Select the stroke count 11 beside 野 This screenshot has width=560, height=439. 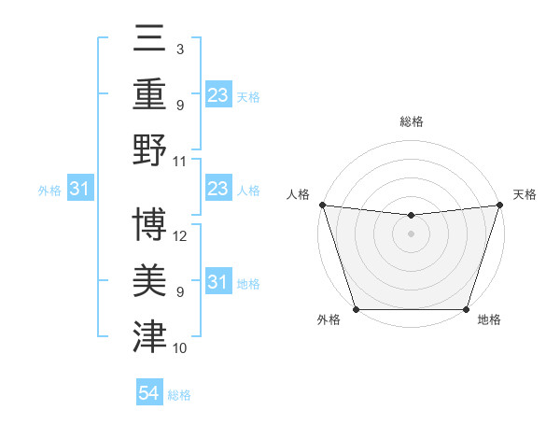pos(180,161)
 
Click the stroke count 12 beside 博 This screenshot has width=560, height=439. pos(180,236)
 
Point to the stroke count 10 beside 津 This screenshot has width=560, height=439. pos(180,348)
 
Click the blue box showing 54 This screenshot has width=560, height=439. pos(149,393)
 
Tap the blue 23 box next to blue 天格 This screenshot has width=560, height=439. pos(218,94)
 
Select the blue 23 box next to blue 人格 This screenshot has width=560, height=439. pos(218,190)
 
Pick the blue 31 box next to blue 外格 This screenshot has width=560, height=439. pos(80,190)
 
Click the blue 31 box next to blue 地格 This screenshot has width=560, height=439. pos(218,282)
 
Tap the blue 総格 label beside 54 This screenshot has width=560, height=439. pos(179,395)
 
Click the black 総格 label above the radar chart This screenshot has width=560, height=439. pos(411,121)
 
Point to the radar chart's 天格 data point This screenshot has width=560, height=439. pos(499,205)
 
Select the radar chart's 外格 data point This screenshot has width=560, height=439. pos(356,309)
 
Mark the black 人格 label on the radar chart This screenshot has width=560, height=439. pos(299,194)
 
